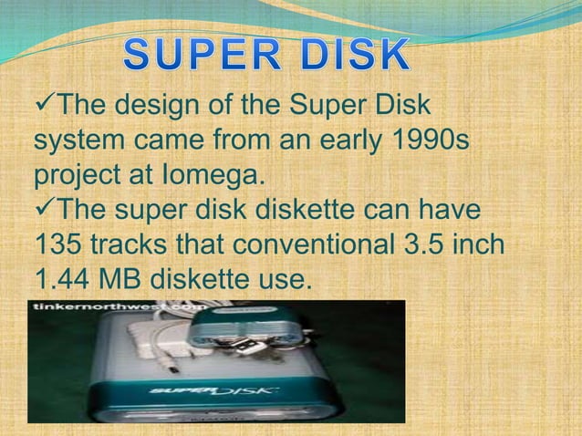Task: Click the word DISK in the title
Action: (x=352, y=57)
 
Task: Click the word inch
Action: (x=480, y=246)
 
